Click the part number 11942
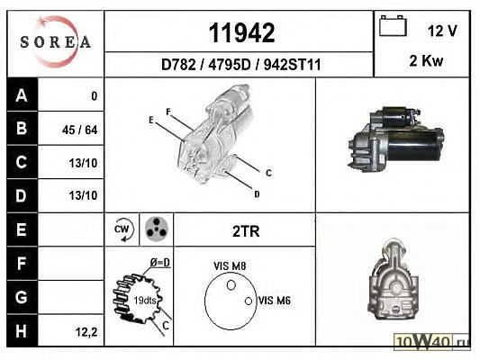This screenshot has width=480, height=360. coord(241,33)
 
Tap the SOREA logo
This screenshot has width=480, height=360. coord(56,41)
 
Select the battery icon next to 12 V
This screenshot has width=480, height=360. coord(393,26)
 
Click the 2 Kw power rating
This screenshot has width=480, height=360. coord(426,60)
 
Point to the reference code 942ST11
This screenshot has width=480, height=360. coord(293,65)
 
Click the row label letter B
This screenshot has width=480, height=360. coord(22,128)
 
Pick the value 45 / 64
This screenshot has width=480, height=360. coord(79,130)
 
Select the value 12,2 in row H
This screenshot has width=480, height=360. coord(86,331)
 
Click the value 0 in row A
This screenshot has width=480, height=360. coord(95,96)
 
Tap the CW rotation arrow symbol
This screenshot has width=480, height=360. coord(123,229)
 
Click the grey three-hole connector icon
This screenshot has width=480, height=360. coord(157,229)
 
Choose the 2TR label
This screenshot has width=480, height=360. coord(246,231)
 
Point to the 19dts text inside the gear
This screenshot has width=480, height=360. coord(145,301)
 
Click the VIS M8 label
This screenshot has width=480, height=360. coord(230,266)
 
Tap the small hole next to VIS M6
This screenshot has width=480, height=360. coord(249,301)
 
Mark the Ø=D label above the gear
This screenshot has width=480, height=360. coord(159,263)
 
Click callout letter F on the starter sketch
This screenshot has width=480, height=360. coord(168,112)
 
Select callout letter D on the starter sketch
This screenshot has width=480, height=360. coord(257,193)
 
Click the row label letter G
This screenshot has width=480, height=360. coord(21,297)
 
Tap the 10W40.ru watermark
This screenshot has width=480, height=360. coord(431,341)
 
